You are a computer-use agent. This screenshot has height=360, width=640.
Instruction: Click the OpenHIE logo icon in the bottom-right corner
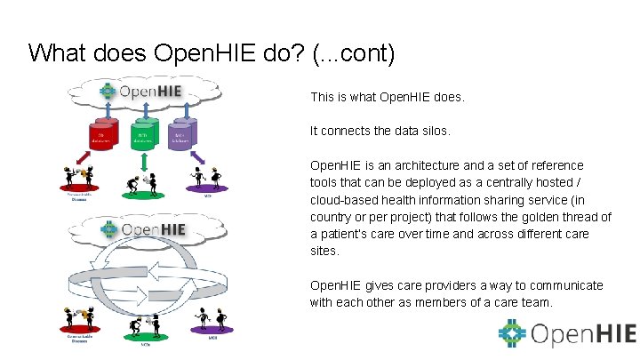coord(513,334)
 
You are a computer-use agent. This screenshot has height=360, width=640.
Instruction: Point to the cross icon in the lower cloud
coord(110,230)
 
